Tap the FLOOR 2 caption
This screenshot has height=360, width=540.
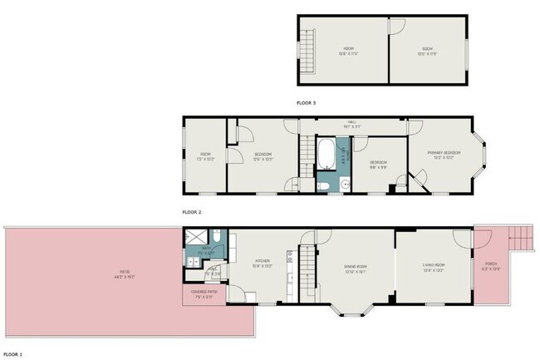[x=192, y=212]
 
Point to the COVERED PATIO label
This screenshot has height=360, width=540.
[x=204, y=293]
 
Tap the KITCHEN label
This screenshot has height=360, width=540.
[x=263, y=263]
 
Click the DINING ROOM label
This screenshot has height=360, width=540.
[x=356, y=267]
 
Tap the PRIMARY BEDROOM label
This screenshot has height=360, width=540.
[x=444, y=155]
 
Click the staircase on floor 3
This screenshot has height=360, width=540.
[x=308, y=50]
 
